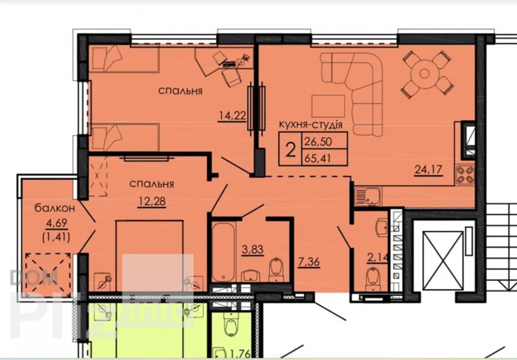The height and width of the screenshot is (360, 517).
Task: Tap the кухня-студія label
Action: point(311,125)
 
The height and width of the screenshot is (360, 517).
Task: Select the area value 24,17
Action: point(428,169)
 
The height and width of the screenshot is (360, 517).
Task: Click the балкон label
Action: point(55,208)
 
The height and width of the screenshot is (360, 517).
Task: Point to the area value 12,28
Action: point(152,201)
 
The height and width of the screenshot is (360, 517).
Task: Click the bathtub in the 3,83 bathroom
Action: point(224,252)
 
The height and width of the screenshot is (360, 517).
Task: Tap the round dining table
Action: point(424,74)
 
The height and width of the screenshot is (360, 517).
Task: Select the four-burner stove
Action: point(465,175)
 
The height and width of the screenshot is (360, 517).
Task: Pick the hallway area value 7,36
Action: point(309,262)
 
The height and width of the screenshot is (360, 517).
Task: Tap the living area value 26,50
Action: point(318,142)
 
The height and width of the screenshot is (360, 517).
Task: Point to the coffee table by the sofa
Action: point(329,106)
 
